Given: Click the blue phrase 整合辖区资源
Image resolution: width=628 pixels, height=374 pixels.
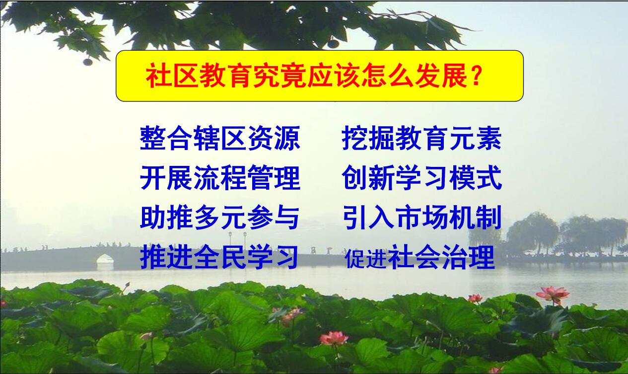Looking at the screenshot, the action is pos(220,138).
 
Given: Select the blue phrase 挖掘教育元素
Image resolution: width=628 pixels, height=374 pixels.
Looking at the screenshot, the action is pos(421,138).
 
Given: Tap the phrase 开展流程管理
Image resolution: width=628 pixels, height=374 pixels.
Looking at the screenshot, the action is pos(220,178).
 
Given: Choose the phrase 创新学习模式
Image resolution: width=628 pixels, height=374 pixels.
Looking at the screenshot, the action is pos(421,178).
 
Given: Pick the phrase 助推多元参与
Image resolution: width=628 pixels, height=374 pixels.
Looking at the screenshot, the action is pos(219,218).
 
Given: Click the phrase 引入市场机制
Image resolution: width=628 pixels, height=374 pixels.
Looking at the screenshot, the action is pos(422,218).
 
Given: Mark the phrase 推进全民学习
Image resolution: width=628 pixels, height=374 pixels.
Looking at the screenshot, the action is pos(218,257).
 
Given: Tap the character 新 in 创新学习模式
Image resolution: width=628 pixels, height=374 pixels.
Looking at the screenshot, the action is pos(381,178).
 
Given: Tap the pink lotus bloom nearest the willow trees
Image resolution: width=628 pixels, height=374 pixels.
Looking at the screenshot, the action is pos(553,295).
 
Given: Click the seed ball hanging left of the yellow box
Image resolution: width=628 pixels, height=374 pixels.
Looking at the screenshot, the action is pos(88,62).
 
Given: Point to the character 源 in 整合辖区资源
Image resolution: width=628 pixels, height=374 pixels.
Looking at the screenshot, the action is pos(287,138).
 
